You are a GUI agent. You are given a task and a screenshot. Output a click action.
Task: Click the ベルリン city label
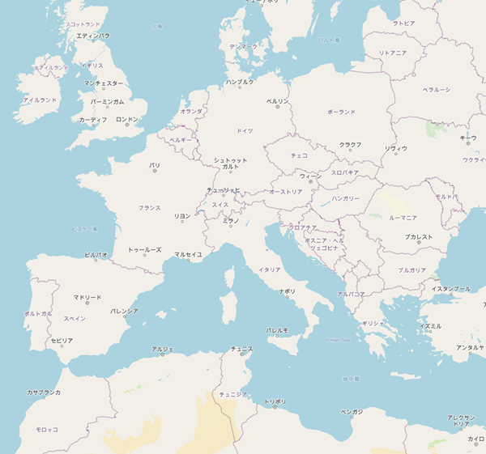click(277, 101)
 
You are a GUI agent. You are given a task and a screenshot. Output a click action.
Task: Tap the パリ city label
click(155, 165)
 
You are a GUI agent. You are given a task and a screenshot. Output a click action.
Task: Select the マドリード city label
click(87, 297)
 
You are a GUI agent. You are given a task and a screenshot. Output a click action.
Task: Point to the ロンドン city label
click(127, 119)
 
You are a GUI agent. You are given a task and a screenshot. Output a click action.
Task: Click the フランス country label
click(149, 208)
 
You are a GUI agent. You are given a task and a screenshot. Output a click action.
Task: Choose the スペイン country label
click(75, 318)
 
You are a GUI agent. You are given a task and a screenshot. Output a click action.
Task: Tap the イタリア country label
click(269, 269)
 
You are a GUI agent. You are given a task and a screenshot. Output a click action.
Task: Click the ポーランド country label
click(341, 112)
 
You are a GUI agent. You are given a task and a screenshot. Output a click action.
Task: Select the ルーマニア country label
click(402, 218)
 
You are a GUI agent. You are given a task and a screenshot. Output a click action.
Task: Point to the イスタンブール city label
click(450, 289)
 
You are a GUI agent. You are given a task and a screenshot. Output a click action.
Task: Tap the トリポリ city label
click(275, 401)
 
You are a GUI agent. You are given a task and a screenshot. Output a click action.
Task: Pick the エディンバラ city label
click(93, 36)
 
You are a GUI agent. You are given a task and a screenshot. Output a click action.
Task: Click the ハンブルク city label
click(240, 82)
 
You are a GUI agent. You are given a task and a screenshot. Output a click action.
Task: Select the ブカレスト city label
click(420, 236)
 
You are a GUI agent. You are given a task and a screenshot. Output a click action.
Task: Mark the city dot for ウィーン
click(310, 181)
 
